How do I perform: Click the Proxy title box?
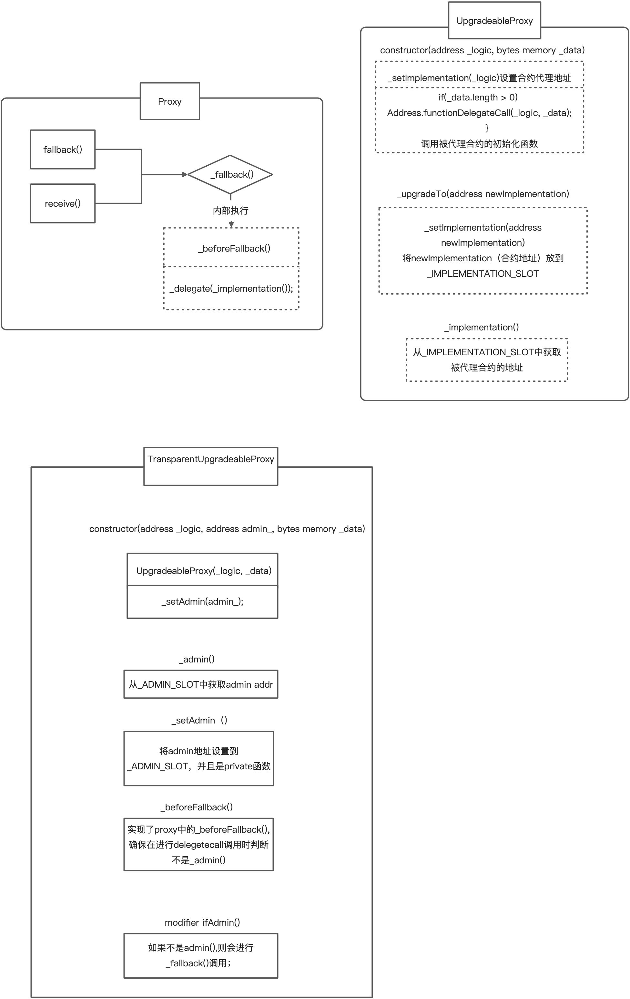pyautogui.click(x=169, y=101)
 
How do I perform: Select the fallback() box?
pyautogui.click(x=63, y=149)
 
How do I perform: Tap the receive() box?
pyautogui.click(x=63, y=203)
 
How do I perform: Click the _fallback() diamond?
pyautogui.click(x=230, y=174)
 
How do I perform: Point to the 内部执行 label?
pyautogui.click(x=230, y=211)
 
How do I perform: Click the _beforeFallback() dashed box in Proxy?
pyautogui.click(x=231, y=248)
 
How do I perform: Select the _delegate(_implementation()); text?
pyautogui.click(x=231, y=288)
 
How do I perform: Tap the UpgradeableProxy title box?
pyautogui.click(x=494, y=21)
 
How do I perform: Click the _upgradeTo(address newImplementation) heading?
pyautogui.click(x=483, y=194)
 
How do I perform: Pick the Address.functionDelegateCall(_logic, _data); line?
pyautogui.click(x=480, y=113)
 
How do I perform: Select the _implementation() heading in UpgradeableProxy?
pyautogui.click(x=482, y=327)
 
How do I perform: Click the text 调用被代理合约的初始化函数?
pyautogui.click(x=480, y=143)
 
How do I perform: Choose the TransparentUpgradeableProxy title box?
pyautogui.click(x=210, y=465)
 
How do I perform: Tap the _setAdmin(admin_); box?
pyautogui.click(x=202, y=601)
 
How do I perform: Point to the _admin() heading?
pyautogui.click(x=197, y=659)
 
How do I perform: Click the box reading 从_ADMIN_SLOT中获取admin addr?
pyautogui.click(x=201, y=684)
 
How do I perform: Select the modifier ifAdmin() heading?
pyautogui.click(x=202, y=922)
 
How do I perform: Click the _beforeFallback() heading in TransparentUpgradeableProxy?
pyautogui.click(x=197, y=807)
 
